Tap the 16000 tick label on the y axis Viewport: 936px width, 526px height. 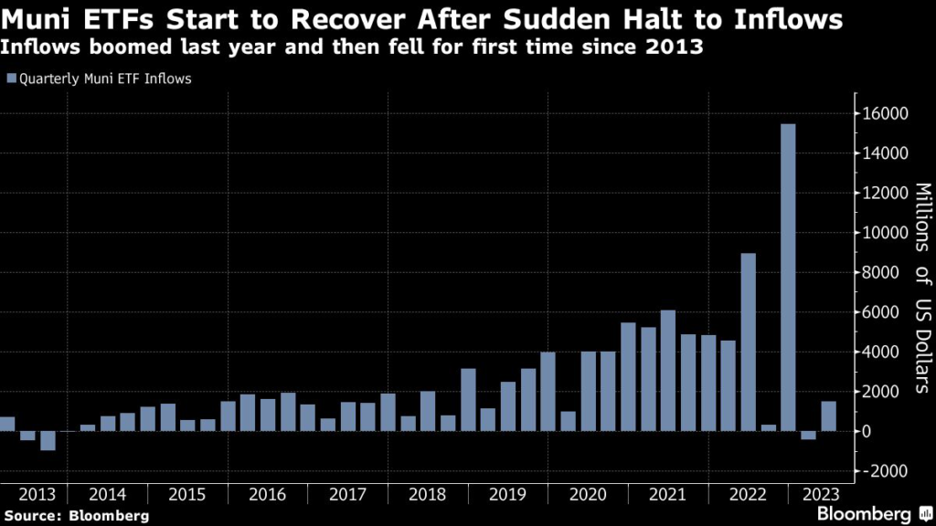click(883, 114)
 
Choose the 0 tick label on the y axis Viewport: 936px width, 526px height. click(865, 431)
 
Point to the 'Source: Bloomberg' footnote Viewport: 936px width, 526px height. click(75, 516)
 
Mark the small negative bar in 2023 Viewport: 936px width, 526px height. click(808, 435)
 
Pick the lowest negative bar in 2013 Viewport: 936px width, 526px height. click(48, 440)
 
